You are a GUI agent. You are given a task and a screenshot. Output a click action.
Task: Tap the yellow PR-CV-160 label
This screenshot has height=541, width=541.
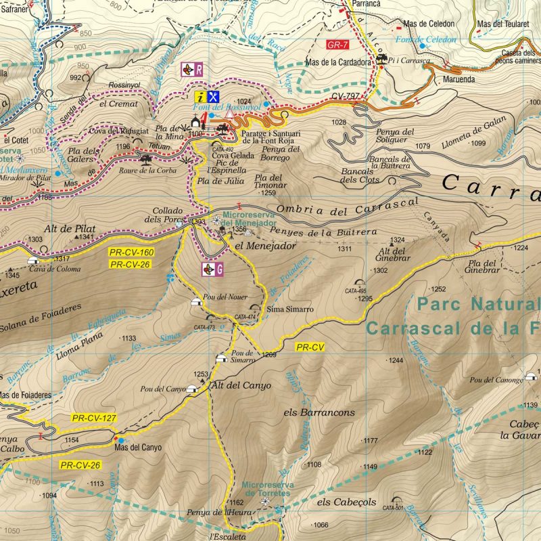[x=131, y=252]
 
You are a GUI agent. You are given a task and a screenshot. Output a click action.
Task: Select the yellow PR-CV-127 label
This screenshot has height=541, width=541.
[x=94, y=418]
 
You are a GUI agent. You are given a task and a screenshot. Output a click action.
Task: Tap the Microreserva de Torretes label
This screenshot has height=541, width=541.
[x=266, y=490]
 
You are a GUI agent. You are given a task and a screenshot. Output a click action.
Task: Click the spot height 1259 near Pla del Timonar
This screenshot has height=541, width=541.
[x=268, y=193]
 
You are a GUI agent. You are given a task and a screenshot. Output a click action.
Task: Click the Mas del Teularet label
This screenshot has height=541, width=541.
[x=502, y=24]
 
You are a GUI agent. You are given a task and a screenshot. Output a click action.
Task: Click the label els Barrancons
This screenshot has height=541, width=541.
[x=319, y=412]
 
